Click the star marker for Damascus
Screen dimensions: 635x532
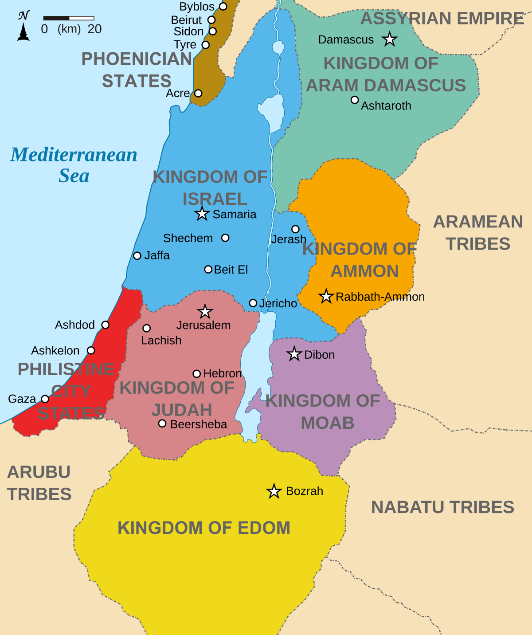[389, 39]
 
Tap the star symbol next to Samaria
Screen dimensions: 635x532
[202, 214]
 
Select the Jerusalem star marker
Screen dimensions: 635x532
[205, 311]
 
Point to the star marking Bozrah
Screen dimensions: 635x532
[274, 491]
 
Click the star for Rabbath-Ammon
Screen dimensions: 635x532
[326, 296]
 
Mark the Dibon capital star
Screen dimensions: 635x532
[294, 354]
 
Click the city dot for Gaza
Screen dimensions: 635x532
[45, 399]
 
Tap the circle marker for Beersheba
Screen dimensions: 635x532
[162, 423]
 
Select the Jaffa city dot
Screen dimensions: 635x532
[137, 256]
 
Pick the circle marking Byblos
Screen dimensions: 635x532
[223, 6]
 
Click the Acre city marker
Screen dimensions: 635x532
[198, 93]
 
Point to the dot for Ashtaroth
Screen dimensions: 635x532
[355, 100]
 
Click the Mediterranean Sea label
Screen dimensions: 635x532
[74, 165]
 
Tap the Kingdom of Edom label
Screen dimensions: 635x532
[204, 528]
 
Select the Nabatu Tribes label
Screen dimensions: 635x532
[442, 507]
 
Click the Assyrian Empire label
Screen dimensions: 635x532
[442, 19]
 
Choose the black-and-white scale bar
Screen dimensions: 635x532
[69, 18]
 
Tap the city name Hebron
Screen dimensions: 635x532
[222, 373]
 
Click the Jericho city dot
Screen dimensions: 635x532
[253, 303]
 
